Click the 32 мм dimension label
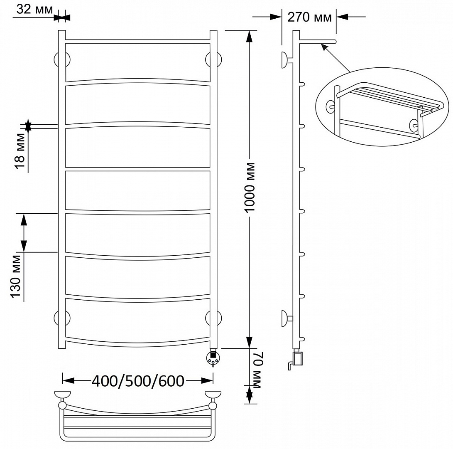34,10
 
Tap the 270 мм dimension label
309,17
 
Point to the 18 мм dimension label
20,151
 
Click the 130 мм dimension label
16,276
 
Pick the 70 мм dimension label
257,370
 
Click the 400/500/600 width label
138,381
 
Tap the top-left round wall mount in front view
62,60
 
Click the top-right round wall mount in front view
213,60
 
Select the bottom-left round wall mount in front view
62,318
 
